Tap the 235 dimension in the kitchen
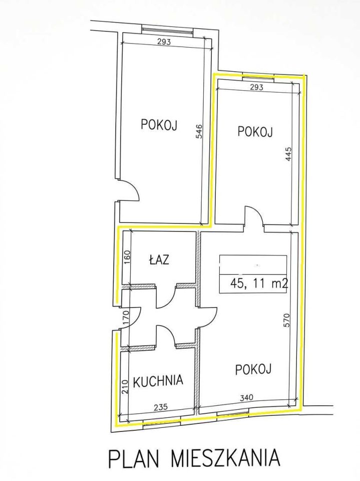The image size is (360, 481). coord(160,407)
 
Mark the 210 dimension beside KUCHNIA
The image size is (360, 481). coord(125,384)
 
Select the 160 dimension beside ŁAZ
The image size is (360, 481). coord(126,257)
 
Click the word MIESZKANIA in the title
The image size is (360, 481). coord(225,458)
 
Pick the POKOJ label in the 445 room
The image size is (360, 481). coord(254,132)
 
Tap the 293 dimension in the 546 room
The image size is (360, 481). coord(164,43)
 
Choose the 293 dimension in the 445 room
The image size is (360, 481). coord(256,87)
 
